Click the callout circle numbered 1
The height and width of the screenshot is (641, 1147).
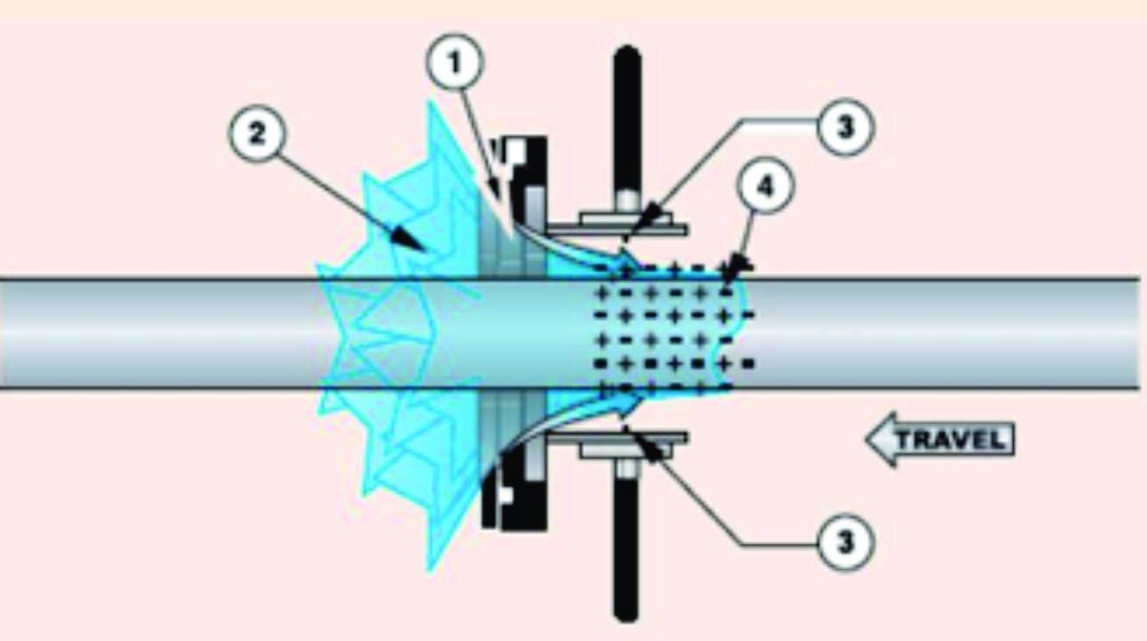click(454, 63)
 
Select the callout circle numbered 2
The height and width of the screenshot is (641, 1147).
click(257, 134)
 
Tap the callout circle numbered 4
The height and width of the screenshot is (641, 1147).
click(765, 187)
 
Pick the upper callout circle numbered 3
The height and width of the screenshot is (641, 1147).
click(846, 127)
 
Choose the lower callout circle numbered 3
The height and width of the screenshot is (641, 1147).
click(846, 541)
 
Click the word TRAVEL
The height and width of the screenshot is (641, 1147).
click(952, 440)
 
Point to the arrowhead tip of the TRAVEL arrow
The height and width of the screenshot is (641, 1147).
click(867, 440)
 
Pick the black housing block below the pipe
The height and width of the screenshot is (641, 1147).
click(515, 486)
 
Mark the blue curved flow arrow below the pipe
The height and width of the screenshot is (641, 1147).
click(568, 418)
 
